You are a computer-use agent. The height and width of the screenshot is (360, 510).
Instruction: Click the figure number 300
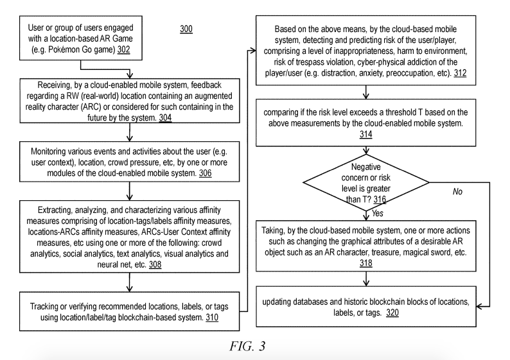click(186, 30)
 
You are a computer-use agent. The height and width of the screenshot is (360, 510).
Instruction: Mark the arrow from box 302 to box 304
click(130, 71)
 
